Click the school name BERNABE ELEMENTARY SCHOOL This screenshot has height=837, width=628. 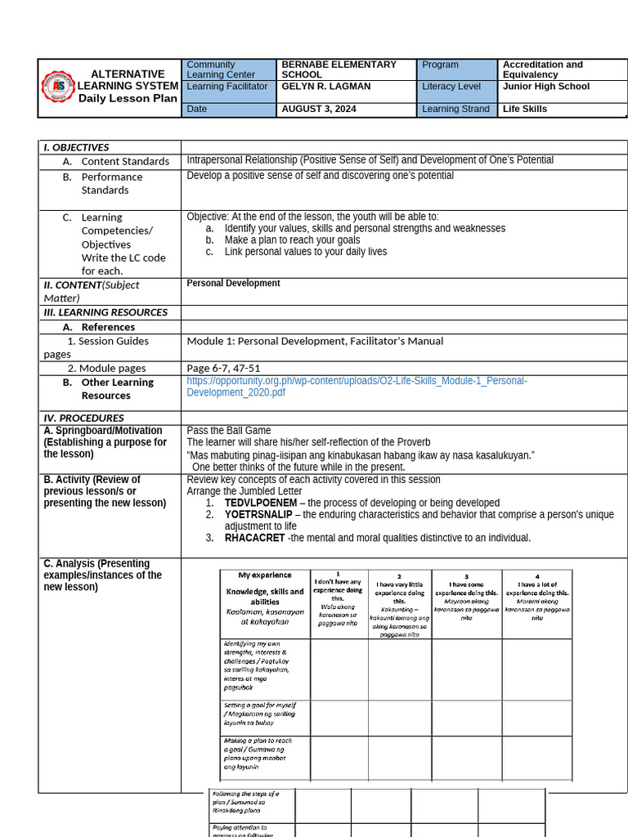click(x=339, y=69)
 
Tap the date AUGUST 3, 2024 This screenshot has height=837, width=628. click(x=319, y=109)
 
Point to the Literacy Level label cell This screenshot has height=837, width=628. click(x=451, y=87)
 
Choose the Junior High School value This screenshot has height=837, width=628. click(x=545, y=87)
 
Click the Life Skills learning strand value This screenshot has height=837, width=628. click(x=525, y=109)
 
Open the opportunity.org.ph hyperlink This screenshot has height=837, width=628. click(x=357, y=387)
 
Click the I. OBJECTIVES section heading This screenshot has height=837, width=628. click(x=76, y=147)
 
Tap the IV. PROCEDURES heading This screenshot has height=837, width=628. click(x=83, y=418)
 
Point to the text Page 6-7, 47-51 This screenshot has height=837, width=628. click(x=223, y=369)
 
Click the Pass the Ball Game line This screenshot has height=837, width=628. click(x=228, y=430)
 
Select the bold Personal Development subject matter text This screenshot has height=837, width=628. click(x=233, y=284)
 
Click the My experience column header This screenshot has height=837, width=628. click(x=265, y=575)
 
